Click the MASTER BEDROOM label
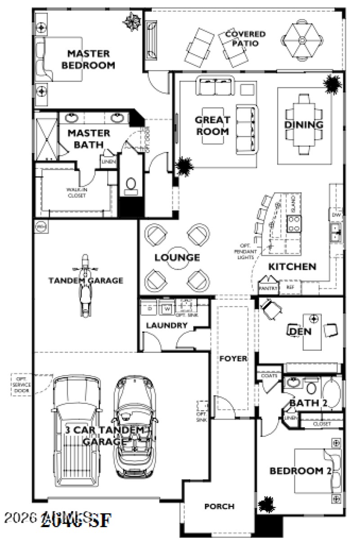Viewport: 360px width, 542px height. click(88, 59)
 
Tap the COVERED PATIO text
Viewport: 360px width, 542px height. click(245, 39)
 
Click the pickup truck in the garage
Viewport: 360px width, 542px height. click(76, 435)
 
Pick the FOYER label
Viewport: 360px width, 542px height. click(233, 359)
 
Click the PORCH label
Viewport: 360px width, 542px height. click(219, 506)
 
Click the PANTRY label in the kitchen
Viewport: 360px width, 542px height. click(268, 287)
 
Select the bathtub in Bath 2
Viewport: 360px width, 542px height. click(333, 394)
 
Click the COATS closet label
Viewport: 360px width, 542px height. click(269, 375)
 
